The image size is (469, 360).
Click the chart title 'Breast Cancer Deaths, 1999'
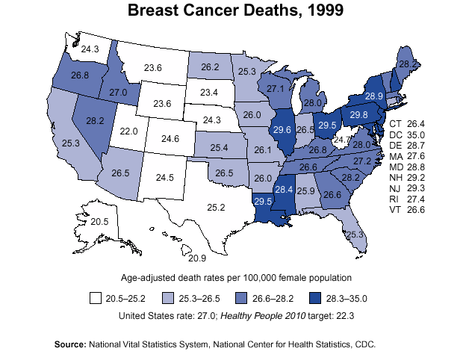point(235,11)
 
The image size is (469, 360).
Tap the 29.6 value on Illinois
point(282,129)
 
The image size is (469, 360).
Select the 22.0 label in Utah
point(129,131)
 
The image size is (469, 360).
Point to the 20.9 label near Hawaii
point(197,258)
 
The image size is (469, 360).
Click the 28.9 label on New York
point(374,96)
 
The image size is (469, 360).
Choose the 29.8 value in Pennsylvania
point(359,114)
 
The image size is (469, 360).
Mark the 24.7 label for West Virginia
point(342,139)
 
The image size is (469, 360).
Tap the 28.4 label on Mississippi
point(284,190)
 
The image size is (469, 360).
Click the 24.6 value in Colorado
point(171,139)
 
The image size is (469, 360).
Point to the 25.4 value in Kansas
point(219,149)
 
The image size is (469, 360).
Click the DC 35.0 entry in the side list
point(407,134)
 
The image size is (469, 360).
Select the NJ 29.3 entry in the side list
point(407,189)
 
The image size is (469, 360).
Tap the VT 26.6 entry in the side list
point(407,211)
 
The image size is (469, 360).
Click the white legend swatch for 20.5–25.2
point(95,298)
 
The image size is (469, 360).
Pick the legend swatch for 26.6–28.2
point(241,298)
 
